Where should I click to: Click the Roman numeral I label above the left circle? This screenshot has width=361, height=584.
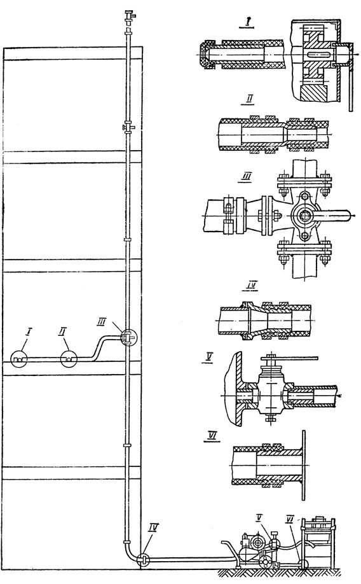25,331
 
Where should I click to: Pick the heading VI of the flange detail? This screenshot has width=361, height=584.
212,436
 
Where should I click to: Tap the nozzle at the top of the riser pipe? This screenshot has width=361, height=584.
129,16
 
